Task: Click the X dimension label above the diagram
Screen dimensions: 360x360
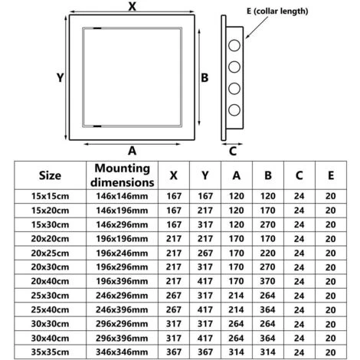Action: [x=133, y=7]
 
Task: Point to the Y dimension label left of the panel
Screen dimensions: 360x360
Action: [x=59, y=77]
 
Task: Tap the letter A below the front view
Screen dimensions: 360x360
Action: [x=132, y=149]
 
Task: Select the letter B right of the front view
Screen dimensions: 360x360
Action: [x=205, y=77]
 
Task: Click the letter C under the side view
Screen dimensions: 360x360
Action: [x=233, y=150]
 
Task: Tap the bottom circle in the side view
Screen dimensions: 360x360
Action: [x=234, y=104]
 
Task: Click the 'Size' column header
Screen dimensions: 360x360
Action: [x=49, y=175]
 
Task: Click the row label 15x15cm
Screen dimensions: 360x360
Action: [x=49, y=196]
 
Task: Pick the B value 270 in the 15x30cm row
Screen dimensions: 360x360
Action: [x=267, y=224]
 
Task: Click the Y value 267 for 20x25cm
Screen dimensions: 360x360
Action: [x=205, y=252]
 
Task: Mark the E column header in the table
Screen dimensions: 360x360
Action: [x=329, y=175]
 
